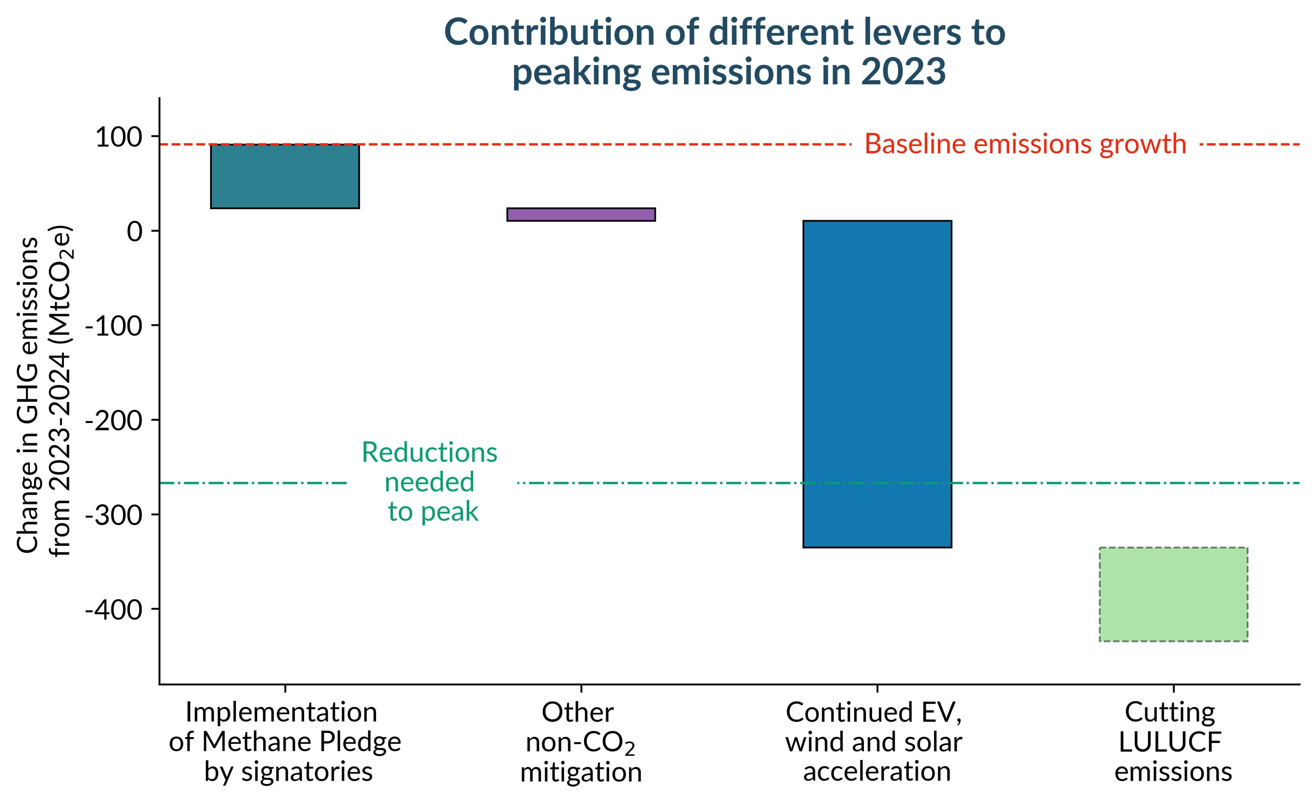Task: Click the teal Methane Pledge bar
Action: pos(285,176)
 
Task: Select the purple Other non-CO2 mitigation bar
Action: pos(581,214)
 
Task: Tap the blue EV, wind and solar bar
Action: pos(877,383)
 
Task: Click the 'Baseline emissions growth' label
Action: pos(1026,144)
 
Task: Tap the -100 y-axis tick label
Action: pos(114,326)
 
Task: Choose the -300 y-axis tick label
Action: pos(114,515)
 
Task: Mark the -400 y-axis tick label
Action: pos(114,609)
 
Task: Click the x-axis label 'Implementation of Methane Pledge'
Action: pos(285,742)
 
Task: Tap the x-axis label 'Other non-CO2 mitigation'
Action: pos(581,742)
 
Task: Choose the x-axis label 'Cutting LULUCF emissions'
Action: pos(1172,742)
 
